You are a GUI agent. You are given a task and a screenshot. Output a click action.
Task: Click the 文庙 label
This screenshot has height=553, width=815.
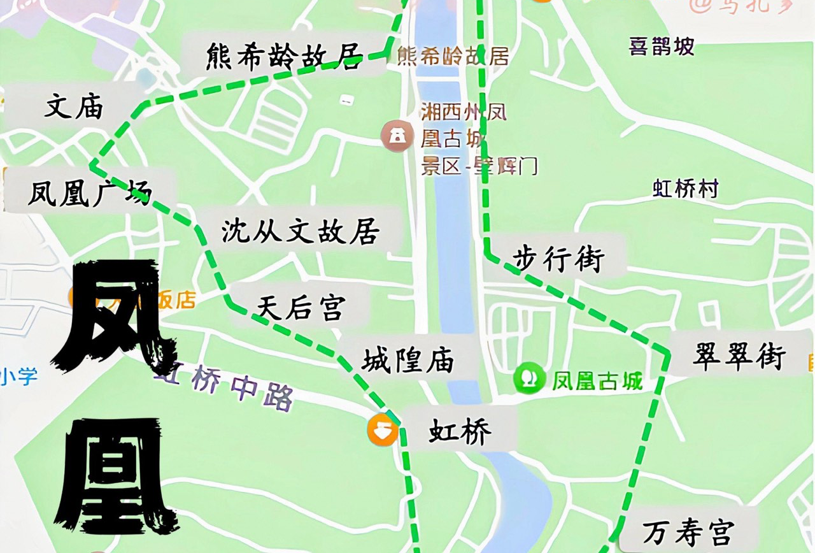(74, 107)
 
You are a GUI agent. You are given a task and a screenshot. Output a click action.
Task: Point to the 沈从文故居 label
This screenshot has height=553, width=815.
(301, 231)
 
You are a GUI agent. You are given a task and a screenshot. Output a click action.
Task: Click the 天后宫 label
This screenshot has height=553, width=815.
(301, 308)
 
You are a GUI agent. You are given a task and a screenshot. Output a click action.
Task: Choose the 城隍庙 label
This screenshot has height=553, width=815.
(408, 361)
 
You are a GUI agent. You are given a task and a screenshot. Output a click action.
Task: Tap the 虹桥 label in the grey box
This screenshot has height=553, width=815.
(460, 433)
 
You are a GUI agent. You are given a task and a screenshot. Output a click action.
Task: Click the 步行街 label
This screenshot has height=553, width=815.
(558, 259)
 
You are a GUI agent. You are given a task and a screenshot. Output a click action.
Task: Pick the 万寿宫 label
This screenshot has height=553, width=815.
(688, 533)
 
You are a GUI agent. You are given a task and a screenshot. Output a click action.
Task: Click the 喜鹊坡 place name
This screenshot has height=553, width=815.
(662, 47)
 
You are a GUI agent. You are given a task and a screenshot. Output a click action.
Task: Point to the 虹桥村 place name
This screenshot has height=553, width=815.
(686, 189)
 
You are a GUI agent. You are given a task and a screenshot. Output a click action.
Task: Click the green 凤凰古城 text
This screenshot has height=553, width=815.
(597, 381)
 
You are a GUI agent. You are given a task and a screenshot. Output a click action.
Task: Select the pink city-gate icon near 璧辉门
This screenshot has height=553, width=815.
(397, 136)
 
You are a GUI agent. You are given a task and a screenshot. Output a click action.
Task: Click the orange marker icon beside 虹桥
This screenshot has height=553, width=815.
(383, 430)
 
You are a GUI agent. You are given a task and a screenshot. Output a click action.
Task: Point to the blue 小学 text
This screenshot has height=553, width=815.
(19, 376)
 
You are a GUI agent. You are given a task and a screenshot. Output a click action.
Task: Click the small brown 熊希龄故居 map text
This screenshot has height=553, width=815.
(453, 57)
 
